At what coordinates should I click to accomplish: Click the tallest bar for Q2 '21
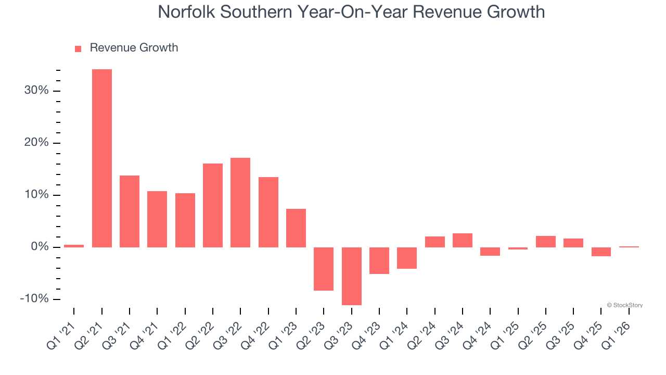point(102,158)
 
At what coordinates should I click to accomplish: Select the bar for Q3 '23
point(352,276)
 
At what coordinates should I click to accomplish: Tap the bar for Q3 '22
point(240,203)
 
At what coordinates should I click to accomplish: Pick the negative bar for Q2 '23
point(324,269)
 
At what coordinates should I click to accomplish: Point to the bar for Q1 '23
point(296,228)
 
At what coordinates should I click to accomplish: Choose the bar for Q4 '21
point(157,219)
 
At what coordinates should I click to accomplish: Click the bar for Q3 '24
point(463,240)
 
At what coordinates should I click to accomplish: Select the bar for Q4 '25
point(601,252)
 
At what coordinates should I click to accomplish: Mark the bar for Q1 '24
point(407,258)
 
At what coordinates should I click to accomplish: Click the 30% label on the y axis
point(36,91)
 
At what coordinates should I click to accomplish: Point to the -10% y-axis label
point(34,299)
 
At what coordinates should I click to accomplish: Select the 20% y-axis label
point(36,143)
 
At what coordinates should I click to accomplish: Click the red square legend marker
point(78,49)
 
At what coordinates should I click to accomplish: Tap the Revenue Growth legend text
point(134,48)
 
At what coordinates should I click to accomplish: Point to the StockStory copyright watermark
point(624,305)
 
